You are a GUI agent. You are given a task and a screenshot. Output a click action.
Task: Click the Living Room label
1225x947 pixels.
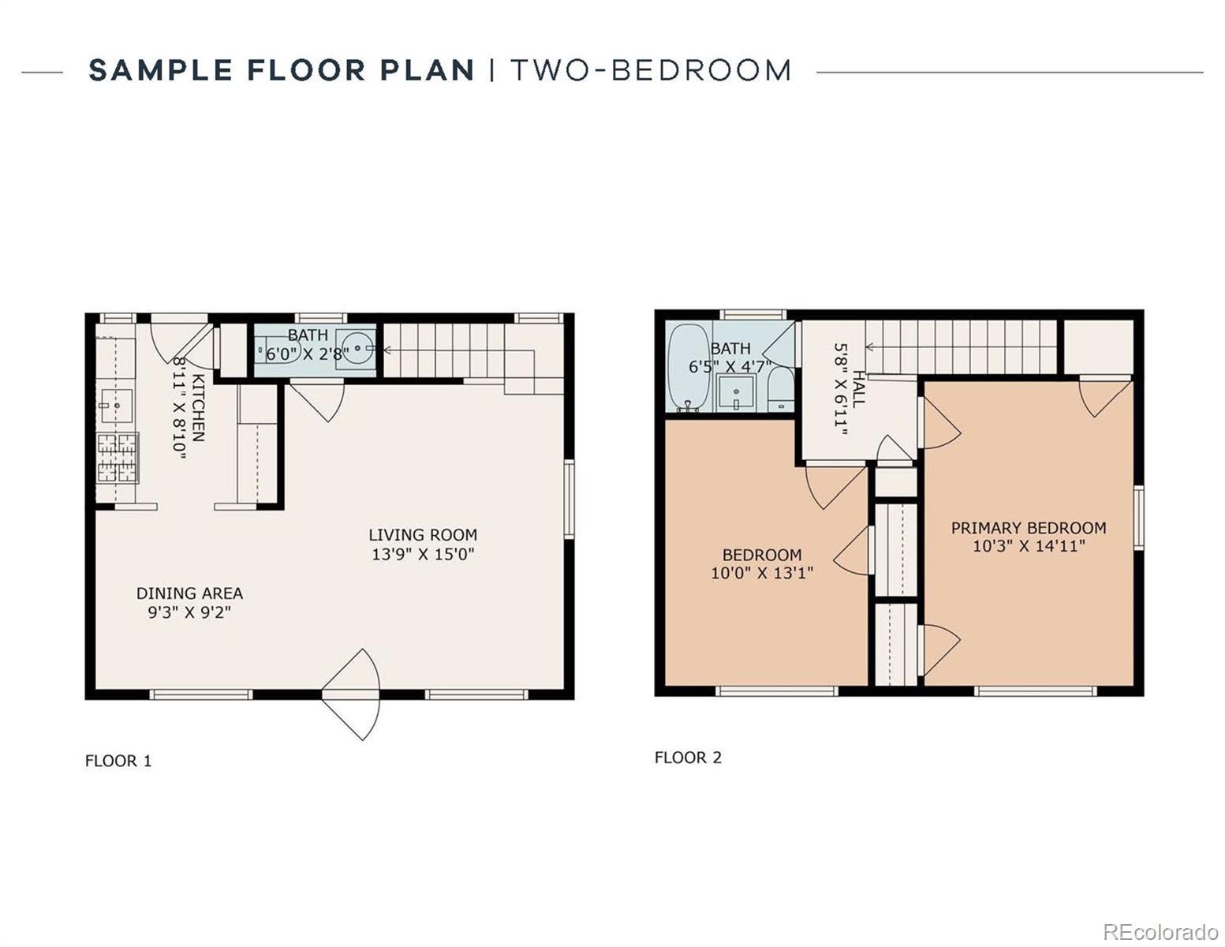coord(423,535)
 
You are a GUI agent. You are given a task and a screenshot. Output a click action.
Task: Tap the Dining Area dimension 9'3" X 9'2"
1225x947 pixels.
coord(189,612)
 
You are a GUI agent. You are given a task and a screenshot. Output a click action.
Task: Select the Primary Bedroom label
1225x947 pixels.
coord(1029,528)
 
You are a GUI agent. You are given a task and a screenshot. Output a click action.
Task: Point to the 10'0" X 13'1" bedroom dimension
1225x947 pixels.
coord(762,573)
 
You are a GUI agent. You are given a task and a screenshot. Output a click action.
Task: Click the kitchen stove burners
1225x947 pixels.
coord(118,458)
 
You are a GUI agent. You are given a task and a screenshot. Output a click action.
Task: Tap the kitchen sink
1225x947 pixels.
coord(116,406)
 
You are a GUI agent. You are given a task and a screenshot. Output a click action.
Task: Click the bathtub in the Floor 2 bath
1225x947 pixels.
coord(689,367)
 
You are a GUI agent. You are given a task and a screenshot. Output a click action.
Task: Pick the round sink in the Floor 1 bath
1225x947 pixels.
coord(357,349)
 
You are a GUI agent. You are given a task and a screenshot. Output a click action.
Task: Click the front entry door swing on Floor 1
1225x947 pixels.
coord(351,694)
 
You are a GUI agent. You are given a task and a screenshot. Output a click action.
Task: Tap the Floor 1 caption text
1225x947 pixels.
coord(118,761)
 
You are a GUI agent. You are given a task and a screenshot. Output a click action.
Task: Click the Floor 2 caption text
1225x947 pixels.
coord(688,758)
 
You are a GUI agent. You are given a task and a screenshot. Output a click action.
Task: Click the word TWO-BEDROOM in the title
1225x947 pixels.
coord(651,70)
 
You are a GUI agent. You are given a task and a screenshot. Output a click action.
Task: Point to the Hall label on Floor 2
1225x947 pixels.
coord(857,389)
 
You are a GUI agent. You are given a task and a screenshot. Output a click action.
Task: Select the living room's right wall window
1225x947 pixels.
coord(570,500)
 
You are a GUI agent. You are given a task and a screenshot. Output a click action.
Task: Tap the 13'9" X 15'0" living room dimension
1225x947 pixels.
coord(423,555)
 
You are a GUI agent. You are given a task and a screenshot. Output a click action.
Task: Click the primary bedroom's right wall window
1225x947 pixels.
coord(1139,518)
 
